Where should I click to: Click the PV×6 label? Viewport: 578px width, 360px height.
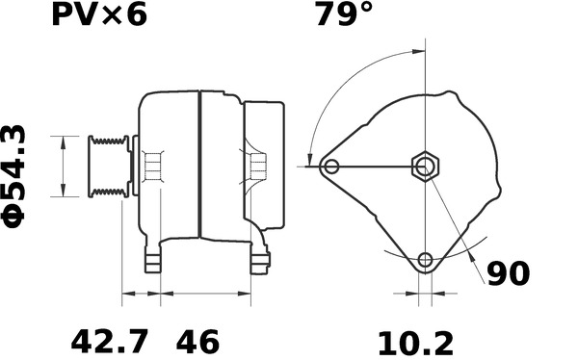click(99, 14)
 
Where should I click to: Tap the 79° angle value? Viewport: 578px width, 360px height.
click(344, 14)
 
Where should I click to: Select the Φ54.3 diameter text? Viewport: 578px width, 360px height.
click(14, 176)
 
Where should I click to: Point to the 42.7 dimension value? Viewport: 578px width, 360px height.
click(109, 343)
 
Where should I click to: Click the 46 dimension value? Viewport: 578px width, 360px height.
click(197, 343)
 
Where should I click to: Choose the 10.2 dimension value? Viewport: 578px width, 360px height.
click(416, 344)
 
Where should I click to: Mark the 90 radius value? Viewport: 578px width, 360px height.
click(509, 273)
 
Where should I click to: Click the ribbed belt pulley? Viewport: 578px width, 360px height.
click(109, 167)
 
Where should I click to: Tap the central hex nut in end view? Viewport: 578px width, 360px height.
click(426, 167)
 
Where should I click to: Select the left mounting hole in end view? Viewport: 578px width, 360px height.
click(331, 167)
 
